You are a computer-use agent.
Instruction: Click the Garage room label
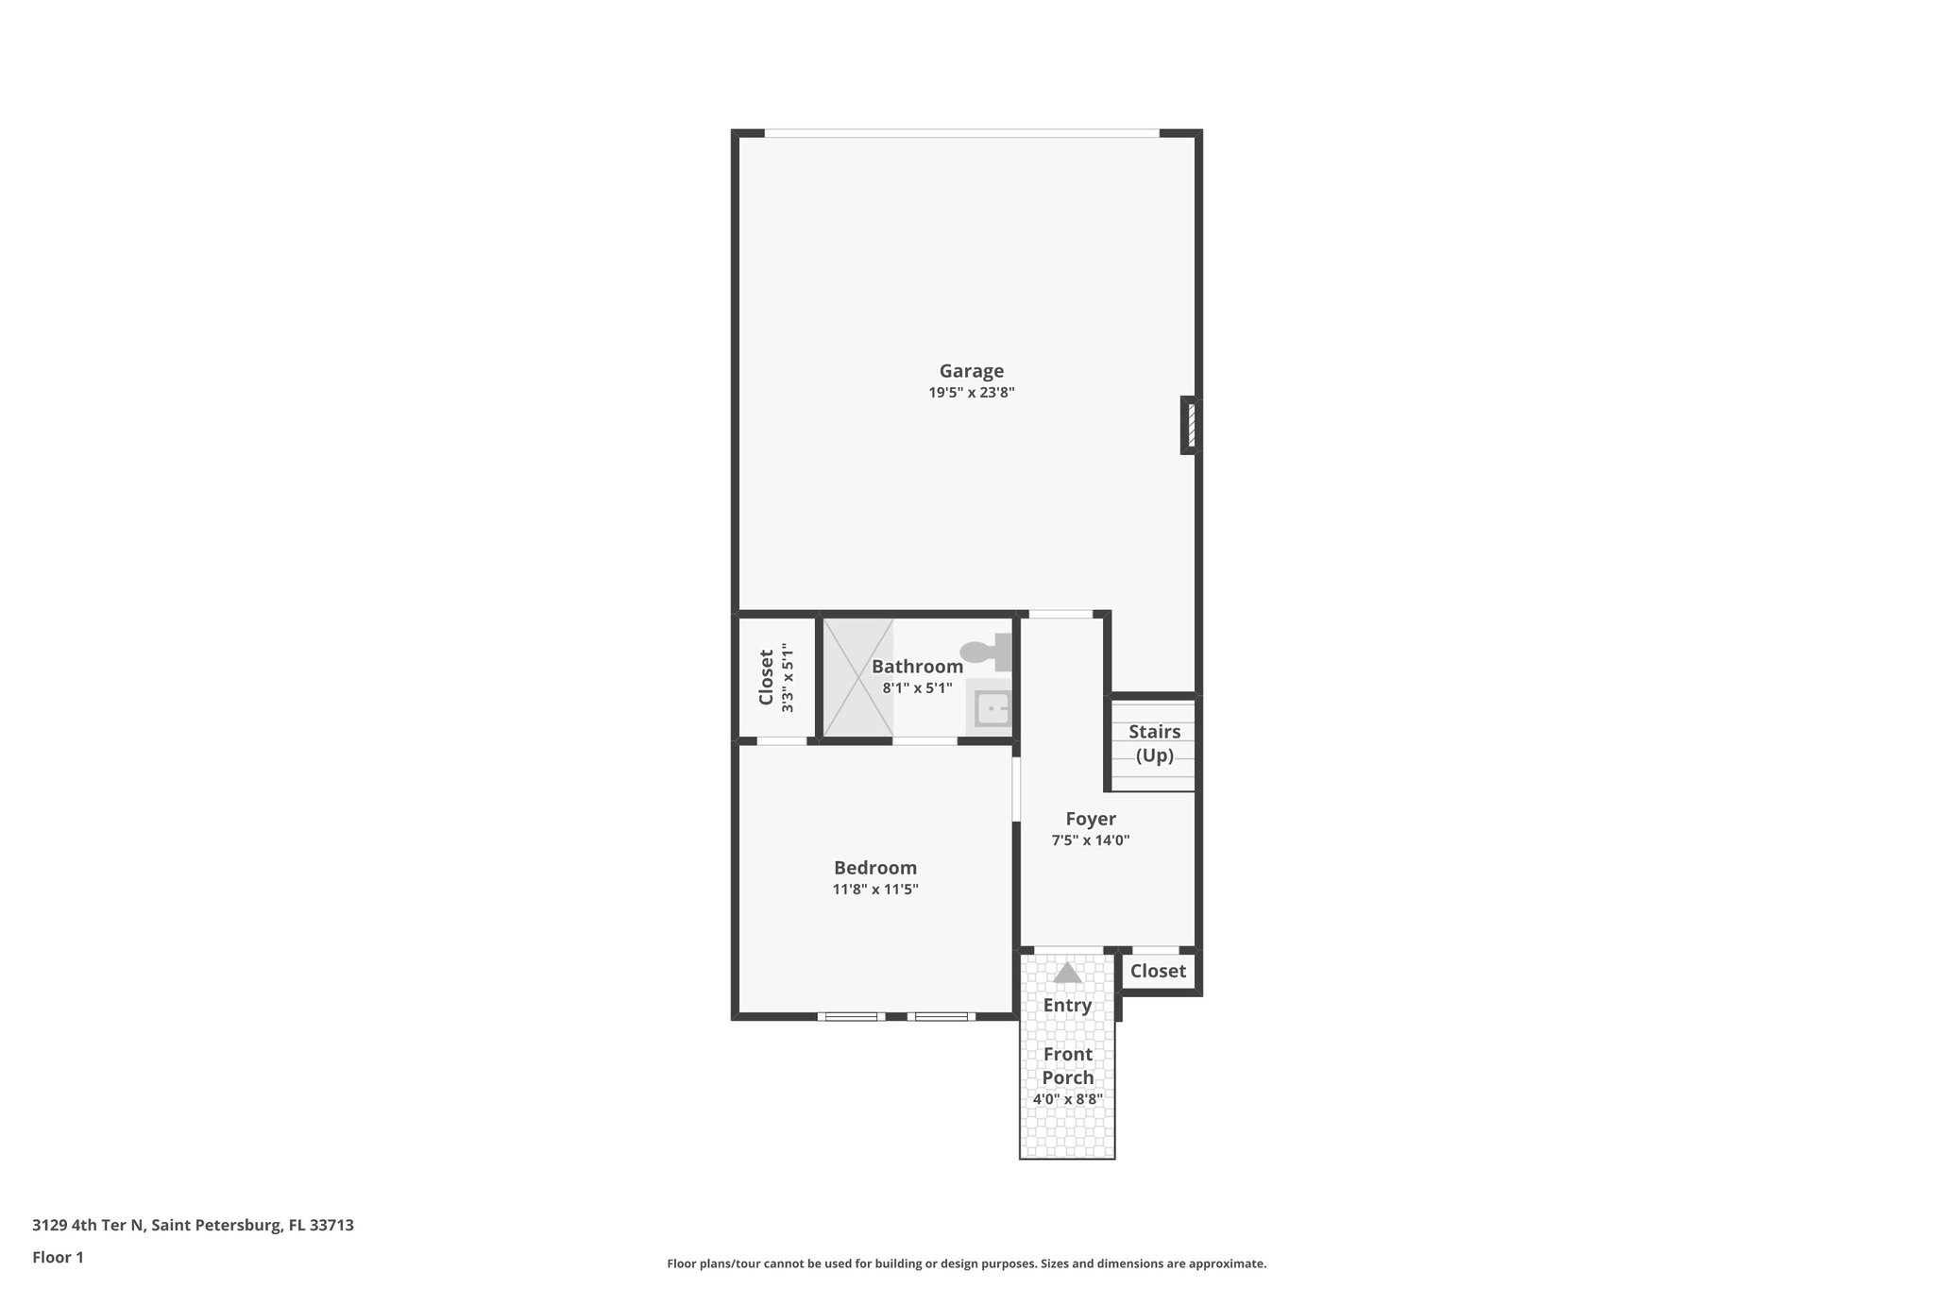pyautogui.click(x=971, y=371)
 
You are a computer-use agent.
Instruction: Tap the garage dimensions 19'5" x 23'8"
pyautogui.click(x=971, y=393)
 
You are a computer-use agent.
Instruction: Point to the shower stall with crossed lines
pyautogui.click(x=857, y=677)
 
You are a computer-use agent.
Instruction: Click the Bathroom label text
pyautogui.click(x=917, y=667)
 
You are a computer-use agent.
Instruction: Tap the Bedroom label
pyautogui.click(x=874, y=868)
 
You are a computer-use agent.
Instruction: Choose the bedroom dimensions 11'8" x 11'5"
pyautogui.click(x=874, y=890)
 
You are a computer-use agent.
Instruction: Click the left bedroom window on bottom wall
pyautogui.click(x=851, y=1017)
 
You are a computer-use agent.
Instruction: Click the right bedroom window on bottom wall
pyautogui.click(x=942, y=1017)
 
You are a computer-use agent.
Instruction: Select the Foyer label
pyautogui.click(x=1091, y=819)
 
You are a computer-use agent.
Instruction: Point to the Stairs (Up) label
pyautogui.click(x=1154, y=743)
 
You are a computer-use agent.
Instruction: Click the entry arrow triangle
pyautogui.click(x=1067, y=973)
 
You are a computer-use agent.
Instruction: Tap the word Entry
pyautogui.click(x=1067, y=1006)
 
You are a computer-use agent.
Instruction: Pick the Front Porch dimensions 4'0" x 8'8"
pyautogui.click(x=1067, y=1099)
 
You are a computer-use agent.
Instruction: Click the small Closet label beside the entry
pyautogui.click(x=1158, y=971)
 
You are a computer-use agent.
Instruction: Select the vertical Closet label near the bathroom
pyautogui.click(x=767, y=677)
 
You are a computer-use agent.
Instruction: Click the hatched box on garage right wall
pyautogui.click(x=1191, y=425)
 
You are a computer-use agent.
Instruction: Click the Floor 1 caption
pyautogui.click(x=58, y=1258)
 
